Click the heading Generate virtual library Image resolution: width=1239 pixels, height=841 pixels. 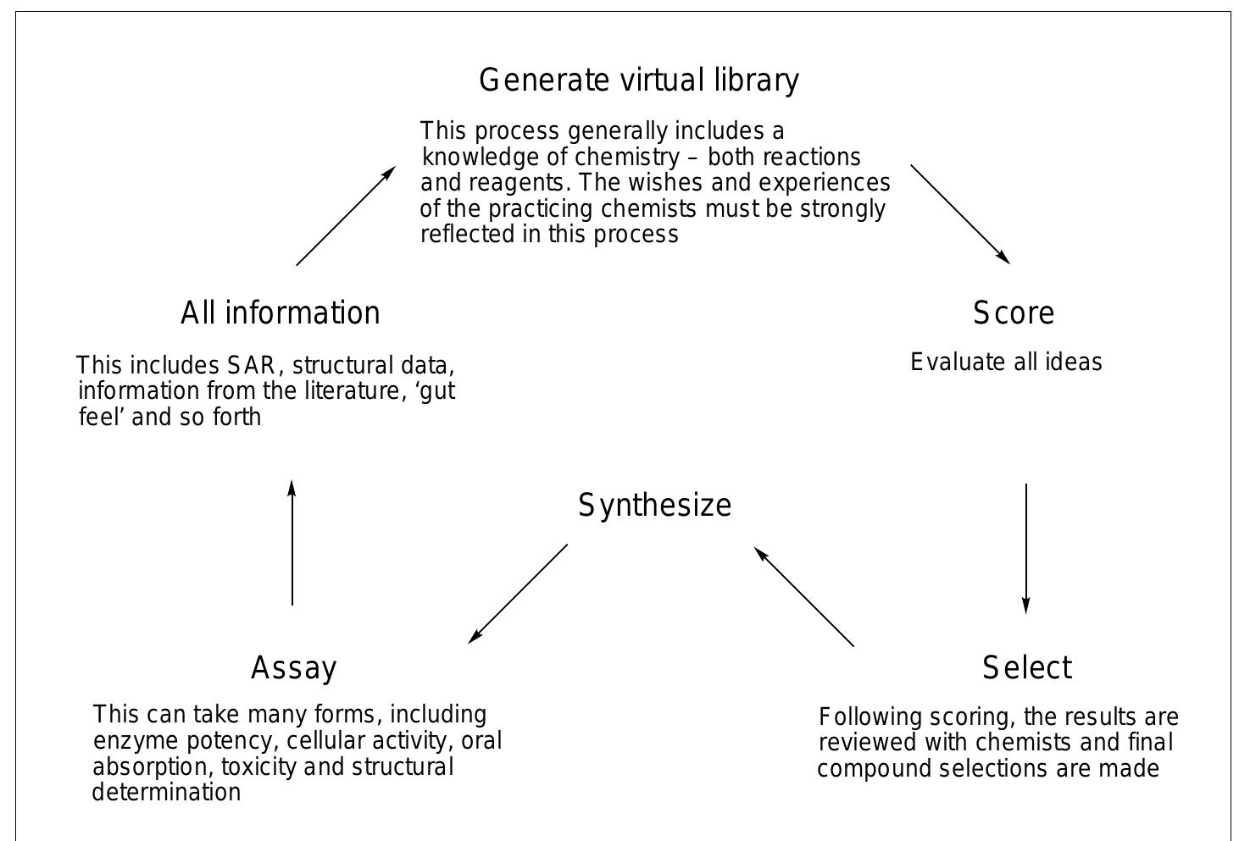639,80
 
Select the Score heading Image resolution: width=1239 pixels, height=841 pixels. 1014,313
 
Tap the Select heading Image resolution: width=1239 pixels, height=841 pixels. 1027,668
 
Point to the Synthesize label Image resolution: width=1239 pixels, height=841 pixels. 654,506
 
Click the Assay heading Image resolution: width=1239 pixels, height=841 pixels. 294,668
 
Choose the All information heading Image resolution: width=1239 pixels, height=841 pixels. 281,313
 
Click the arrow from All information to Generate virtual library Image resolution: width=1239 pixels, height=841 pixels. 345,216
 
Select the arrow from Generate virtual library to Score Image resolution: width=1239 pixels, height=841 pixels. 959,214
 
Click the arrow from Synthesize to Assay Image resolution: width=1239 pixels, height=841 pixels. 518,594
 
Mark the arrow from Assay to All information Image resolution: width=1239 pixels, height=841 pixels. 292,543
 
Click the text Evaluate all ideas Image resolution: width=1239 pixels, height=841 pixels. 1006,362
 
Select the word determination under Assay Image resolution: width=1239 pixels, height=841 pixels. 166,793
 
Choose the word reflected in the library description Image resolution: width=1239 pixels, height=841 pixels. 467,235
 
